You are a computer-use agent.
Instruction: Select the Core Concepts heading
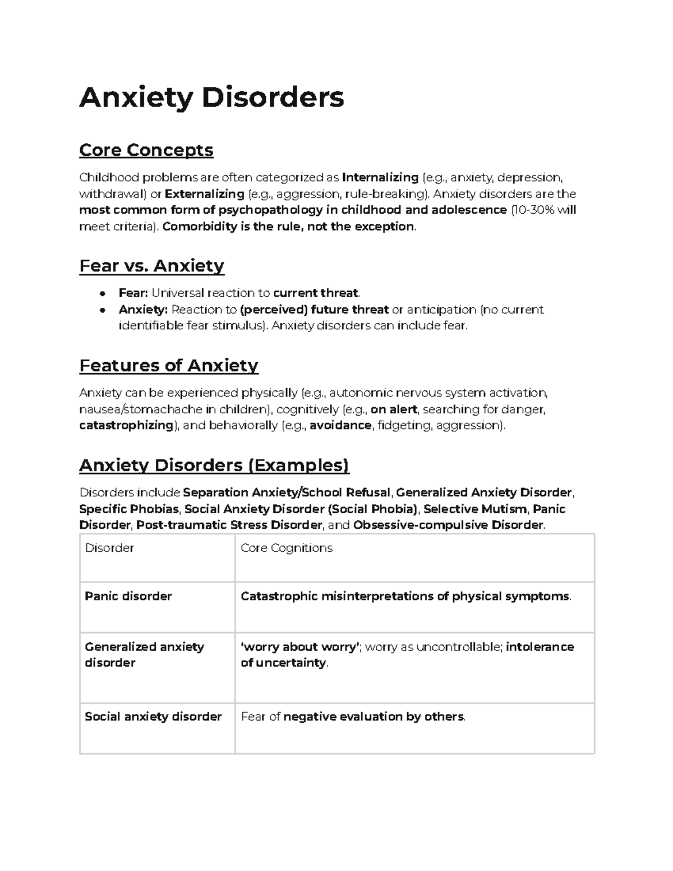[146, 150]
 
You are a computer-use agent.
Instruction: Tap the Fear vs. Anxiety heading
[151, 265]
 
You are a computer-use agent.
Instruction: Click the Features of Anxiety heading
[169, 366]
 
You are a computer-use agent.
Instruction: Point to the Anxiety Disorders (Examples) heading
[214, 466]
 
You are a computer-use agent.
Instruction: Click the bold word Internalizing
[380, 178]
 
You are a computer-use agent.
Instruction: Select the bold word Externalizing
[204, 194]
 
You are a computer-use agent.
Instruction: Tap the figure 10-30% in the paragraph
[532, 210]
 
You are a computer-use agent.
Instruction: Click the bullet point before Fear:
[103, 293]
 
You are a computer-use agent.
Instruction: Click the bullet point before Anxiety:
[103, 310]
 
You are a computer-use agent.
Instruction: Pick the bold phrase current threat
[316, 293]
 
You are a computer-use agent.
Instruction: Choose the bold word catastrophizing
[126, 426]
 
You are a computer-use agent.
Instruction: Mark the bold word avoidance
[340, 426]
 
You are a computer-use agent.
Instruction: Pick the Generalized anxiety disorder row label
[144, 655]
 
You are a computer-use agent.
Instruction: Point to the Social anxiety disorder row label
[153, 717]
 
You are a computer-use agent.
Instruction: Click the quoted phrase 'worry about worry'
[299, 647]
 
